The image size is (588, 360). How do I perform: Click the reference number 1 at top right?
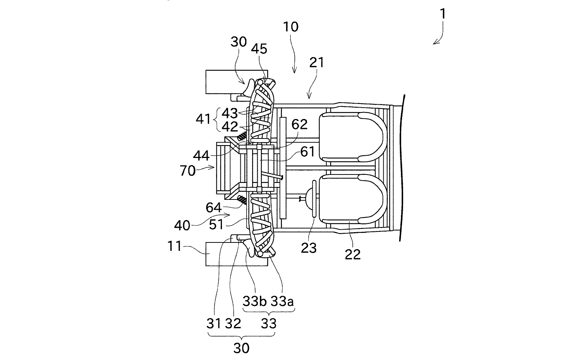442,14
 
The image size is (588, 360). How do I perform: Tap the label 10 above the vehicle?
291,27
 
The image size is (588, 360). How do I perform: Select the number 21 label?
316,62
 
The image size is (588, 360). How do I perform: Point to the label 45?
259,49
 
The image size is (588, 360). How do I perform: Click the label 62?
299,125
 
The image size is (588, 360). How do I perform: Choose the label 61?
307,151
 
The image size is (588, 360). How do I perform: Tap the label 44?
201,156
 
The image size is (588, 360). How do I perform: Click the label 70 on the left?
188,170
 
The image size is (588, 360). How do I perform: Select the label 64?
214,208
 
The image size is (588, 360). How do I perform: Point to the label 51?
216,224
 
